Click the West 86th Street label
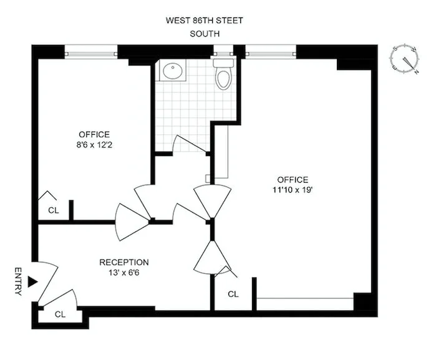pyautogui.click(x=204, y=21)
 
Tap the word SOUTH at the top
pyautogui.click(x=204, y=34)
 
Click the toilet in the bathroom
pyautogui.click(x=223, y=74)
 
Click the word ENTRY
pyautogui.click(x=18, y=281)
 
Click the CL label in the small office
pyautogui.click(x=54, y=210)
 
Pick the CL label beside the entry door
pyautogui.click(x=61, y=314)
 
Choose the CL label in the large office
pyautogui.click(x=233, y=294)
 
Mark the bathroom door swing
pyautogui.click(x=190, y=144)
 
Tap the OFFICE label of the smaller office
pyautogui.click(x=94, y=134)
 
